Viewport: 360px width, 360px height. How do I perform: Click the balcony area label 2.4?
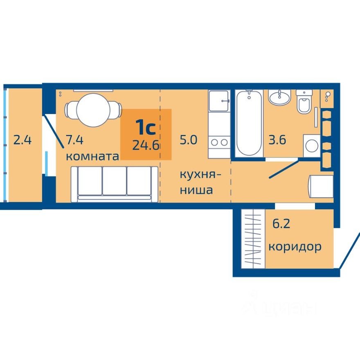pyautogui.click(x=22, y=140)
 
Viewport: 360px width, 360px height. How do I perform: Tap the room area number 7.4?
pyautogui.click(x=75, y=140)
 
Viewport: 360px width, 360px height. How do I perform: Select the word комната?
pyautogui.click(x=92, y=156)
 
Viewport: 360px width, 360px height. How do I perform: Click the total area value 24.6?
pyautogui.click(x=146, y=145)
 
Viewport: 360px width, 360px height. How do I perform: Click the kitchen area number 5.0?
pyautogui.click(x=189, y=140)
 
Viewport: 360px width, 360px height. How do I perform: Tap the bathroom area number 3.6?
pyautogui.click(x=277, y=140)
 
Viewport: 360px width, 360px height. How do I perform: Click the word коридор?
pyautogui.click(x=295, y=247)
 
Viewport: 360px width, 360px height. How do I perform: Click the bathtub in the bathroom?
pyautogui.click(x=248, y=122)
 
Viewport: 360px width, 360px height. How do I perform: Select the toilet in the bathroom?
pyautogui.click(x=304, y=102)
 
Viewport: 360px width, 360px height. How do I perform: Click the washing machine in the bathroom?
pyautogui.click(x=311, y=145)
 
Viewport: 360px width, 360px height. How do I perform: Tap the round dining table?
pyautogui.click(x=94, y=110)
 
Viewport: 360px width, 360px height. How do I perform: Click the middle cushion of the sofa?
pyautogui.click(x=114, y=181)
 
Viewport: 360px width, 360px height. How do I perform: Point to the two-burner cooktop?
pyautogui.click(x=219, y=142)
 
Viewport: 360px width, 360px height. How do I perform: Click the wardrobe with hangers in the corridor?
pyautogui.click(x=252, y=238)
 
